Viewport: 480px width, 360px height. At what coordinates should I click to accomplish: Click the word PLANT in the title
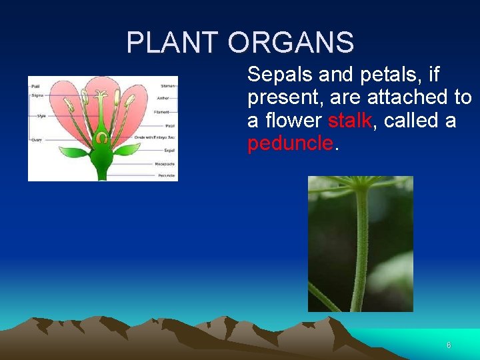173,43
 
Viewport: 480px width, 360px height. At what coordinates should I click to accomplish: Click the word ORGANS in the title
290,43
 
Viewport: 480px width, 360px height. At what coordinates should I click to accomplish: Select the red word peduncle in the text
289,143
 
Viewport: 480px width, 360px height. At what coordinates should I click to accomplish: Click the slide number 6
449,345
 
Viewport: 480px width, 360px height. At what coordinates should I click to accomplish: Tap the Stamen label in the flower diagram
169,86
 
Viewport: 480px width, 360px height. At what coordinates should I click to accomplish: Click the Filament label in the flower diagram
161,112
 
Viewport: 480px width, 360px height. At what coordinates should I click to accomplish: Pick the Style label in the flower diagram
41,115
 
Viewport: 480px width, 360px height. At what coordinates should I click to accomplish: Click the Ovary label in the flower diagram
36,139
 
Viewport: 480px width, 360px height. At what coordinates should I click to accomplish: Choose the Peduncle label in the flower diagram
166,175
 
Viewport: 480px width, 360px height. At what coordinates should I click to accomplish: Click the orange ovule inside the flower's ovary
101,137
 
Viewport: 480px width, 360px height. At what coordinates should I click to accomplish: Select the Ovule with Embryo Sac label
157,137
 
